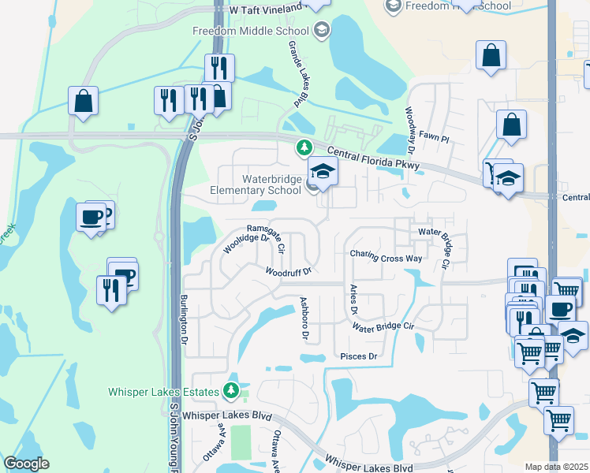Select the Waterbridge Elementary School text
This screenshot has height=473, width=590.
coord(256,184)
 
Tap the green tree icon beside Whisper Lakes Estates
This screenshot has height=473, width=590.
coord(231,390)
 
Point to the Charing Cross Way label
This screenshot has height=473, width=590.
coord(386,258)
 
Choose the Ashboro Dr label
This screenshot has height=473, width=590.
coord(304,318)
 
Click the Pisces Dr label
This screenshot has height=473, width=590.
coord(359,356)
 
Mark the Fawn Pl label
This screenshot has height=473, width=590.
coord(433,139)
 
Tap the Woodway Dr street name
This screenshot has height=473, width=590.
coord(410,130)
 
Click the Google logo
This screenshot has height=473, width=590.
coord(26,464)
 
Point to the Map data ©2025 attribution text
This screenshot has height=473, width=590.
coord(557,467)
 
